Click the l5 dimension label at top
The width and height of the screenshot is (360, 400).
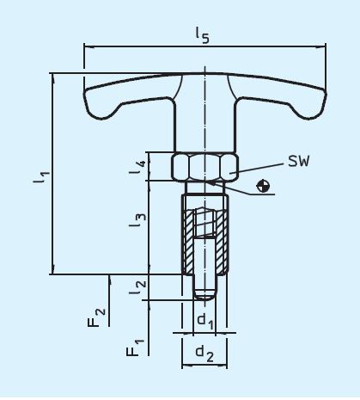(x=203, y=34)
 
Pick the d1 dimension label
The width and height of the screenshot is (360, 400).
(x=204, y=321)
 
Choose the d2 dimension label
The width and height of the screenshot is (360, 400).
(x=204, y=354)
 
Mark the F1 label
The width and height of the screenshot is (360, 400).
(x=131, y=348)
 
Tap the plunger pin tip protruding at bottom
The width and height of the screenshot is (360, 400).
(x=204, y=288)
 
